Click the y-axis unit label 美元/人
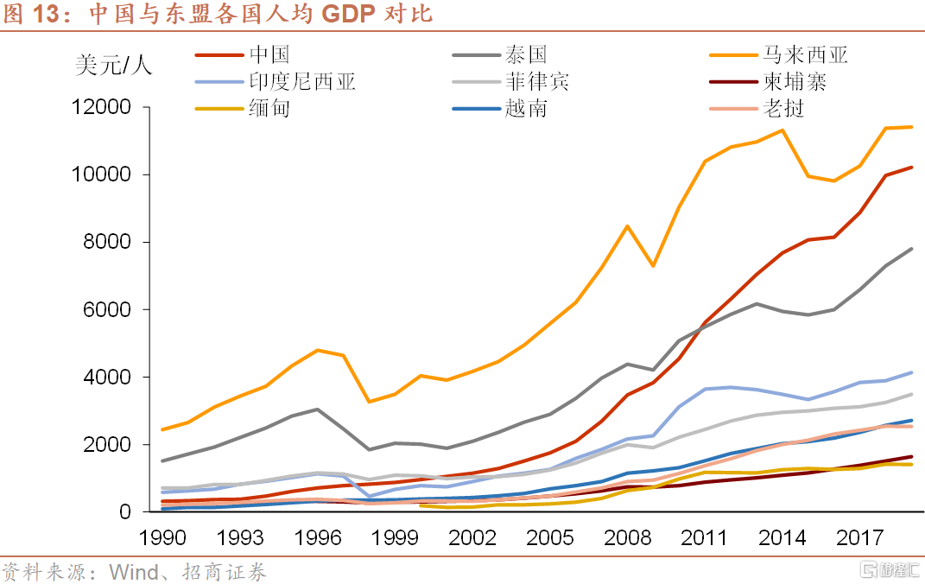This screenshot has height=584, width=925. [113, 66]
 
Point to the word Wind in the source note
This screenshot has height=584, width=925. [134, 572]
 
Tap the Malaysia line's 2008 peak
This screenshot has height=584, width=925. [627, 226]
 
